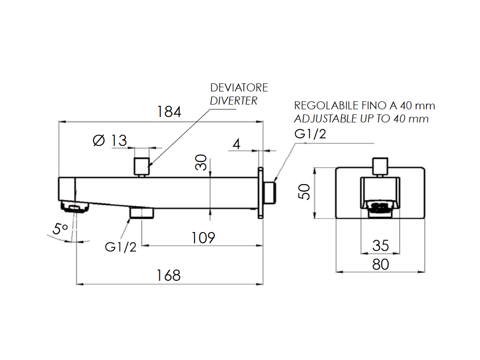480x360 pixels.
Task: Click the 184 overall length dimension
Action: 169,112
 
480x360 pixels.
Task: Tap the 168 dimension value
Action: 168,276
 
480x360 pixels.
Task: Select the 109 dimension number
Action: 203,238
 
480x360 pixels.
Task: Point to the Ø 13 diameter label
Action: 110,141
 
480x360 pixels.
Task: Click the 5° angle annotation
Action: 60,229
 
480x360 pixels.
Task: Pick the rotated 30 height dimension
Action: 201,163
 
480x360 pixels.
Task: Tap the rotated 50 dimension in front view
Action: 304,192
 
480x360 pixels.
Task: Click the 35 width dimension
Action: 381,246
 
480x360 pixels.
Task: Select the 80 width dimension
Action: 381,264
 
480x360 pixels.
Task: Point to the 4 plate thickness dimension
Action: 236,144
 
